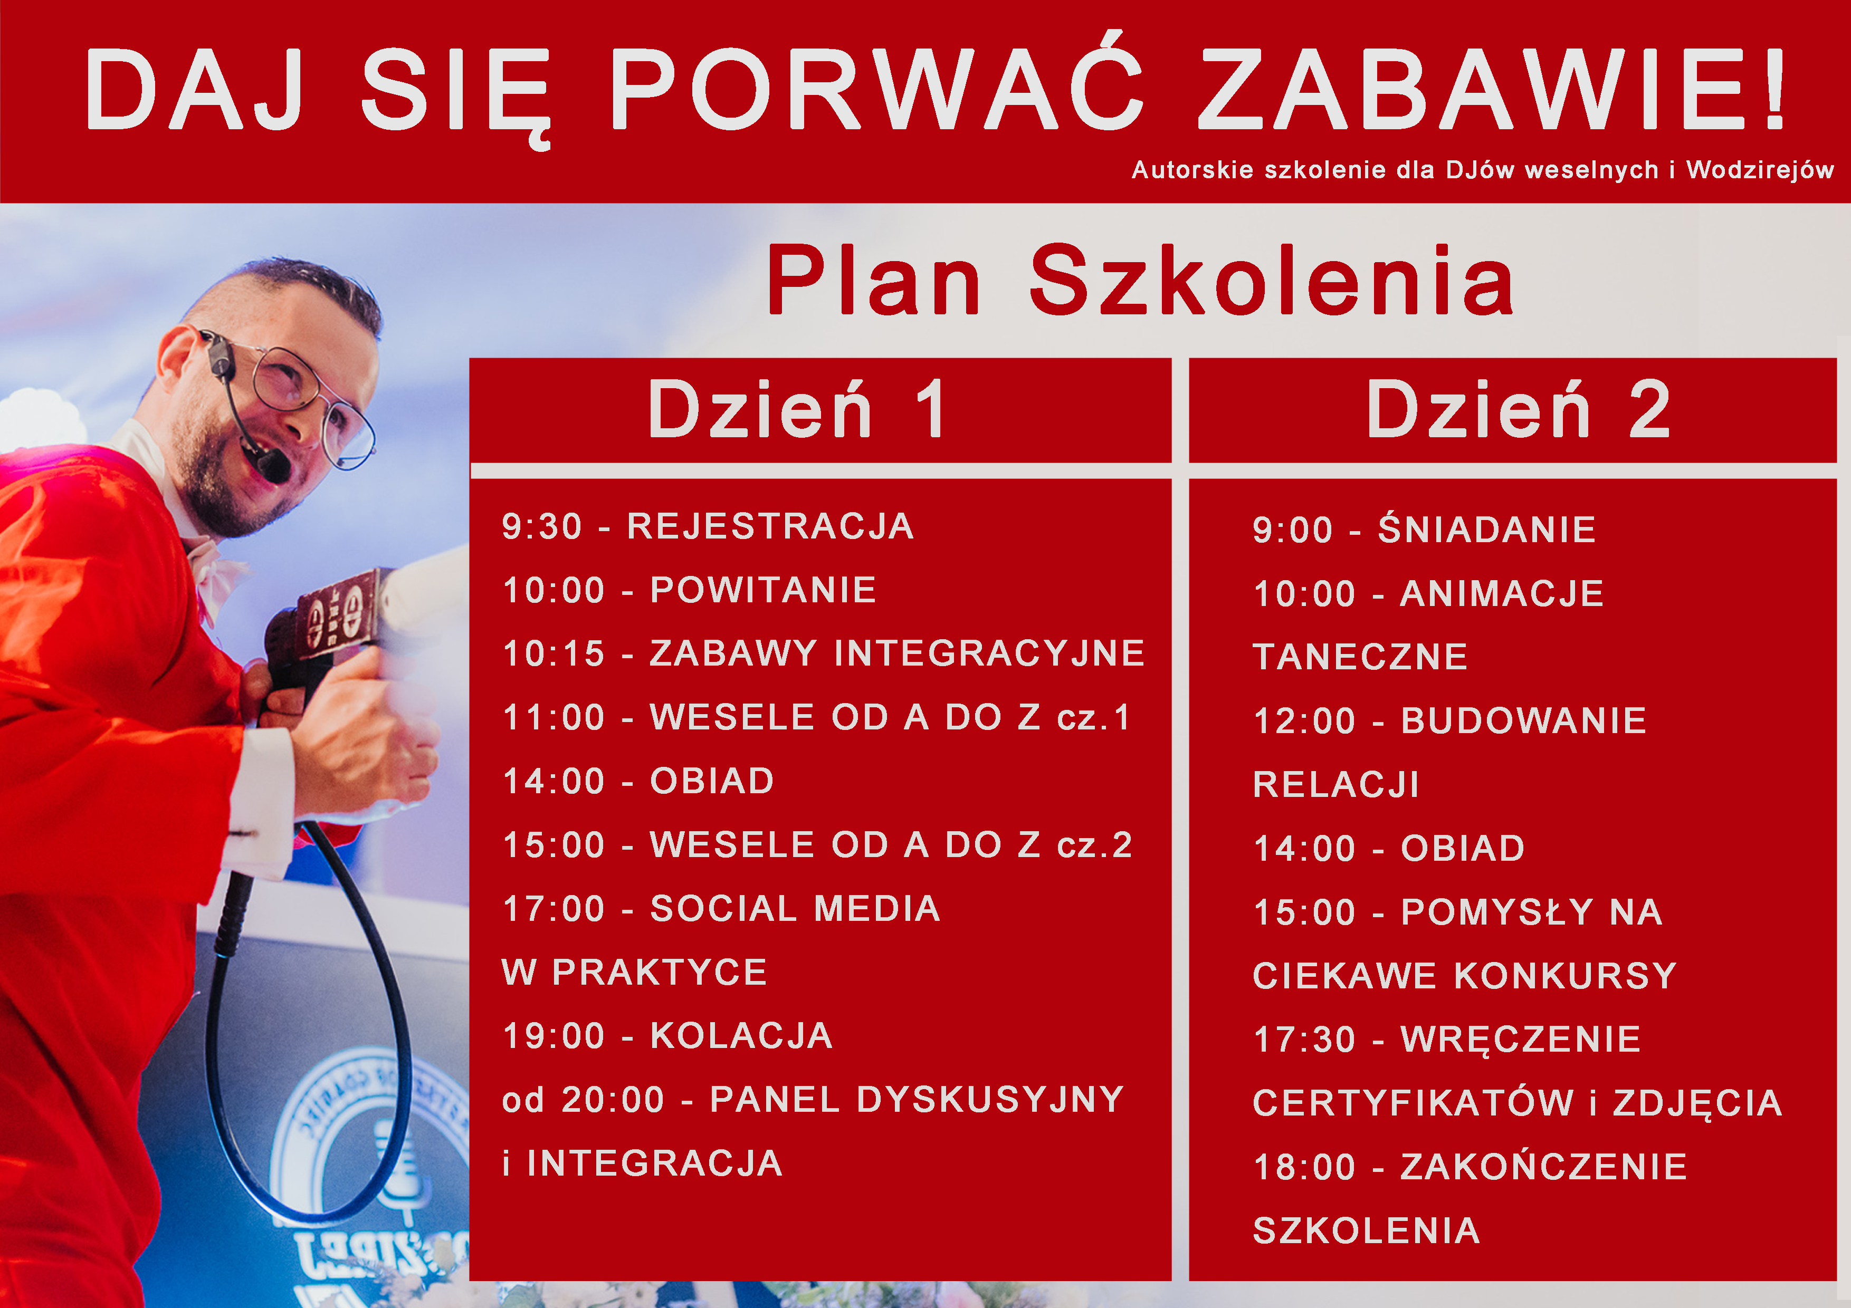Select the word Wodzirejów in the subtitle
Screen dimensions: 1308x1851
tap(1759, 170)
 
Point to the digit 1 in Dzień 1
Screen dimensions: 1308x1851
tap(931, 409)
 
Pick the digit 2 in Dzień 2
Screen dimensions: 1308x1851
tap(1649, 409)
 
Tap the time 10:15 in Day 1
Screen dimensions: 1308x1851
tap(553, 653)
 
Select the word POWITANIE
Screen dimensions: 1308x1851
tap(762, 590)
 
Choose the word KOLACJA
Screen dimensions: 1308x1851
tap(741, 1036)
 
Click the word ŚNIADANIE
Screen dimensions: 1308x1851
tap(1486, 530)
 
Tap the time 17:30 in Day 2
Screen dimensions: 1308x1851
tap(1304, 1040)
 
